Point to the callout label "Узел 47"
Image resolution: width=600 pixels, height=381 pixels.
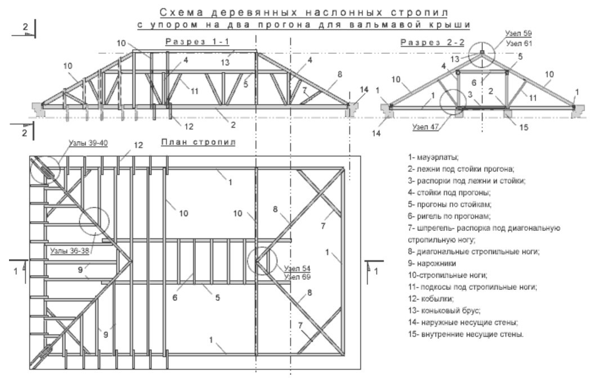(x=425, y=127)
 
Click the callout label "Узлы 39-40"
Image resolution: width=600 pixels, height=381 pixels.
(x=88, y=143)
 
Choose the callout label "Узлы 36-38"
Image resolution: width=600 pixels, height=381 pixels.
(x=70, y=251)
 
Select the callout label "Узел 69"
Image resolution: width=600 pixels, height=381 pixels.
(x=297, y=276)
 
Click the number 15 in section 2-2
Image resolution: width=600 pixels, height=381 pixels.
(x=523, y=128)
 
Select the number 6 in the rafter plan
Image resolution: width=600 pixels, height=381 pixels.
(x=174, y=297)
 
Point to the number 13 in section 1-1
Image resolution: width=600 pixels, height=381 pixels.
(x=225, y=62)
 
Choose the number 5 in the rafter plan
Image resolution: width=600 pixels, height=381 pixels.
(x=217, y=297)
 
